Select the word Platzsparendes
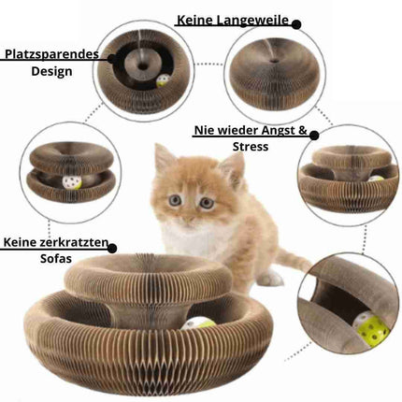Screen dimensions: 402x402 click(51, 54)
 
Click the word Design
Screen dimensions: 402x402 click(51, 71)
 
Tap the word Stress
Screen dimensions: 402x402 click(251, 147)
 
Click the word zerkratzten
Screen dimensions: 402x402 click(74, 242)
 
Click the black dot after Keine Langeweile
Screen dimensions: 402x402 click(296, 24)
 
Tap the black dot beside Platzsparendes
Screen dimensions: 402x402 click(112, 58)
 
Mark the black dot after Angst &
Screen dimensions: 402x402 click(314, 136)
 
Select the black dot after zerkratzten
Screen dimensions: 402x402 click(112, 249)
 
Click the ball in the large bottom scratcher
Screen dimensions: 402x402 click(198, 324)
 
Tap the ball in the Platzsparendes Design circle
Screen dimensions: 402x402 click(162, 81)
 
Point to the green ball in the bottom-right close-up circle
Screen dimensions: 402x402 click(371, 328)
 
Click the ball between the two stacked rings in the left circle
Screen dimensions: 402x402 click(72, 183)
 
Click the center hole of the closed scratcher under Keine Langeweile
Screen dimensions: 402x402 click(275, 61)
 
